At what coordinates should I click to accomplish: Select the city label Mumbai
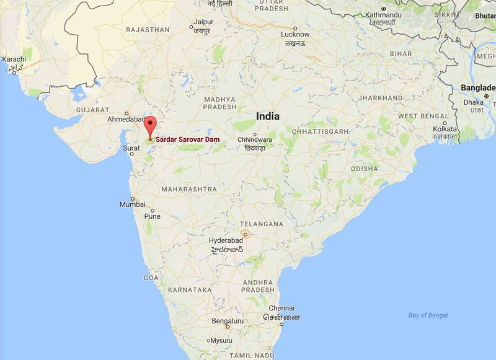pyautogui.click(x=133, y=204)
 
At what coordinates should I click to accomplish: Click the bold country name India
pyautogui.click(x=267, y=116)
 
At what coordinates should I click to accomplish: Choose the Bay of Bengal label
pyautogui.click(x=428, y=315)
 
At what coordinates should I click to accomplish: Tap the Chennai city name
pyautogui.click(x=281, y=309)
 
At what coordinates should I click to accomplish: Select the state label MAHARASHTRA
pyautogui.click(x=189, y=188)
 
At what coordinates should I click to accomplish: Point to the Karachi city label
pyautogui.click(x=14, y=59)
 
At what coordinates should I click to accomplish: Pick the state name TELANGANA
pyautogui.click(x=263, y=224)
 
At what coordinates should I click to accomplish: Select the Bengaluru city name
pyautogui.click(x=228, y=321)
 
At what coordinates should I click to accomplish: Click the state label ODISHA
pyautogui.click(x=363, y=169)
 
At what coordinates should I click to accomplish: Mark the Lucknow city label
pyautogui.click(x=294, y=34)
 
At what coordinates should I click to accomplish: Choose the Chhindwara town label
pyautogui.click(x=255, y=140)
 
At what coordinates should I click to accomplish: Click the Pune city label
pyautogui.click(x=152, y=216)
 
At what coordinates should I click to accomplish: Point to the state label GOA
pyautogui.click(x=151, y=278)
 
